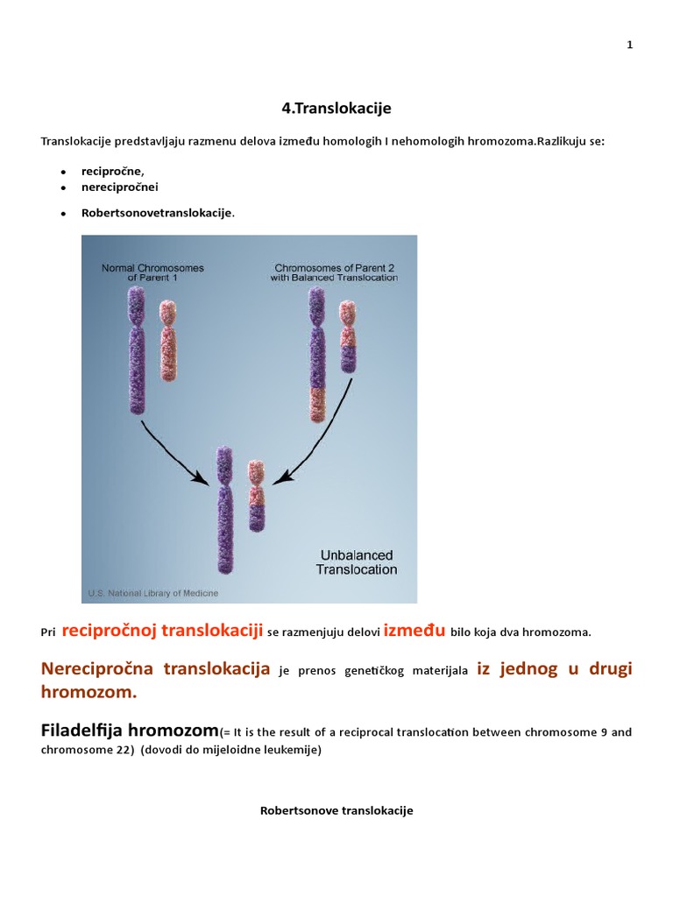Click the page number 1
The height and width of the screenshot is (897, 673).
629,45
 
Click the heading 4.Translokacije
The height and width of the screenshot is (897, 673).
336,108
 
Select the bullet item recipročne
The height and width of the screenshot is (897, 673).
113,171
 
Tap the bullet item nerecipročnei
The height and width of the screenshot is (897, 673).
119,187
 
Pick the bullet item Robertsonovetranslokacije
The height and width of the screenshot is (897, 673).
158,213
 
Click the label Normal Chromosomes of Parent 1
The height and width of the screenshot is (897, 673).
152,272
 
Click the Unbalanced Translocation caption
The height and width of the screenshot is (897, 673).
357,562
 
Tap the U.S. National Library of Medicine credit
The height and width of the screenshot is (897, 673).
152,593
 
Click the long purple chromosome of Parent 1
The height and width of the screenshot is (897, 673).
137,350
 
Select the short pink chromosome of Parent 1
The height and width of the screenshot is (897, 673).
167,341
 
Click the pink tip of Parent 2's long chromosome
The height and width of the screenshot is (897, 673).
317,405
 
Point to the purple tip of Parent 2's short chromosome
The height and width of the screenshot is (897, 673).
347,358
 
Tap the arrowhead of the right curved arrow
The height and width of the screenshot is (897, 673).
280,477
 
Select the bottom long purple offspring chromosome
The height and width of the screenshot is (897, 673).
225,511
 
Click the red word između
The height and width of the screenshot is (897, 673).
414,631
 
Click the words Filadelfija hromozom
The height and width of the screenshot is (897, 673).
130,731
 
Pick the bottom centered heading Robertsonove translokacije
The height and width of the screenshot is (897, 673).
336,810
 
